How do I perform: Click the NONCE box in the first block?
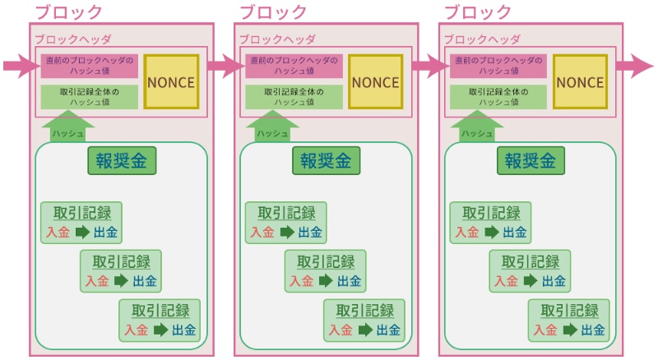point(171,81)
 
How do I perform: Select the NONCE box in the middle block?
point(376,81)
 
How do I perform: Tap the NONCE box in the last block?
point(580,81)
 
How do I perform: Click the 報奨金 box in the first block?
point(122,160)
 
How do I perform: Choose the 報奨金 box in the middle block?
point(327,160)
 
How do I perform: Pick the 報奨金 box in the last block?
point(531,160)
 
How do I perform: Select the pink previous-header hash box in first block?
point(90,66)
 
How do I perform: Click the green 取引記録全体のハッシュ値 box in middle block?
point(294,97)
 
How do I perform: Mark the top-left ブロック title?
point(69,12)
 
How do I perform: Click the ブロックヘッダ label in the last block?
point(482,39)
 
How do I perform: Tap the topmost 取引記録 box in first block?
point(81,222)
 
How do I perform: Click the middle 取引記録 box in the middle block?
point(325,271)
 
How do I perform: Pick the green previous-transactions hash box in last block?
point(498,97)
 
